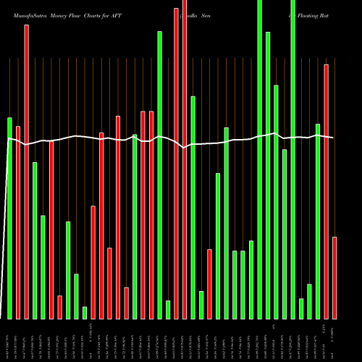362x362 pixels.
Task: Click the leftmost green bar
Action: (x=10, y=217)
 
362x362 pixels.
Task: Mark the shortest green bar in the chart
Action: (x=85, y=312)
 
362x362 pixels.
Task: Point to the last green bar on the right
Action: (x=318, y=221)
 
